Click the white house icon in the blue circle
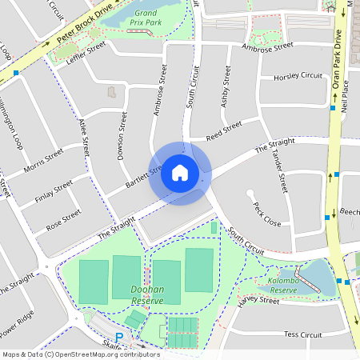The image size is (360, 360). coord(180,172)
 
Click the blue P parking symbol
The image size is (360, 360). coord(120,338)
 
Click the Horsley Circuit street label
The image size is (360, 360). coord(298,78)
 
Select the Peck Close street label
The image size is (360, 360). coord(266,214)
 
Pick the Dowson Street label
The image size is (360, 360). coord(122,134)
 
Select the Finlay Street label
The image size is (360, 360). coord(53,191)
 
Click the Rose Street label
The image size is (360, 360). coord(63,221)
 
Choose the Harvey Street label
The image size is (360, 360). coord(258,300)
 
